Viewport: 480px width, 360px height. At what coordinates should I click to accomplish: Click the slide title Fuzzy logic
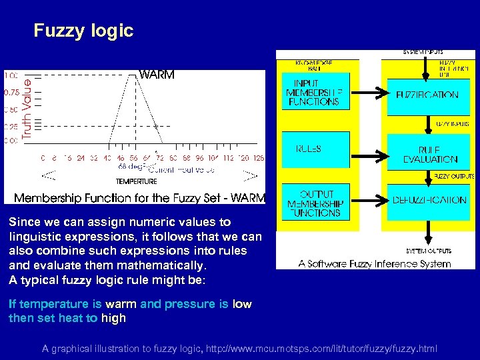click(x=83, y=31)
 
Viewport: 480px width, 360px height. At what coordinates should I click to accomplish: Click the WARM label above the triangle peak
click(x=157, y=75)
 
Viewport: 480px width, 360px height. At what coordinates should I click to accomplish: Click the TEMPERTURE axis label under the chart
click(x=136, y=181)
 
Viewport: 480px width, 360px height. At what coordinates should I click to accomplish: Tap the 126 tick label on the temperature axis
click(x=259, y=159)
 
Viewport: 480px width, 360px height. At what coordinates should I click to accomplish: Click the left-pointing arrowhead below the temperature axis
click(x=48, y=176)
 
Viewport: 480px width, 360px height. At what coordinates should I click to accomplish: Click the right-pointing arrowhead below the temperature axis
click(x=250, y=176)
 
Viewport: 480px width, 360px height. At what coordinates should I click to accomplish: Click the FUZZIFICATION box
click(x=427, y=95)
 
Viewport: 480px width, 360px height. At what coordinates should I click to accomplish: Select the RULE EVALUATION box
click(x=430, y=154)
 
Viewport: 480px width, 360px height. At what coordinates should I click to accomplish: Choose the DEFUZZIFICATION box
click(x=429, y=200)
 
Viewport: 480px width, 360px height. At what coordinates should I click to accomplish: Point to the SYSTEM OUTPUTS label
click(x=428, y=251)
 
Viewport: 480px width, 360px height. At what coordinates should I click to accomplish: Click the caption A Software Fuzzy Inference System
click(x=375, y=263)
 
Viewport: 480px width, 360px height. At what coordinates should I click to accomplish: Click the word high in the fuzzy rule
click(x=113, y=318)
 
